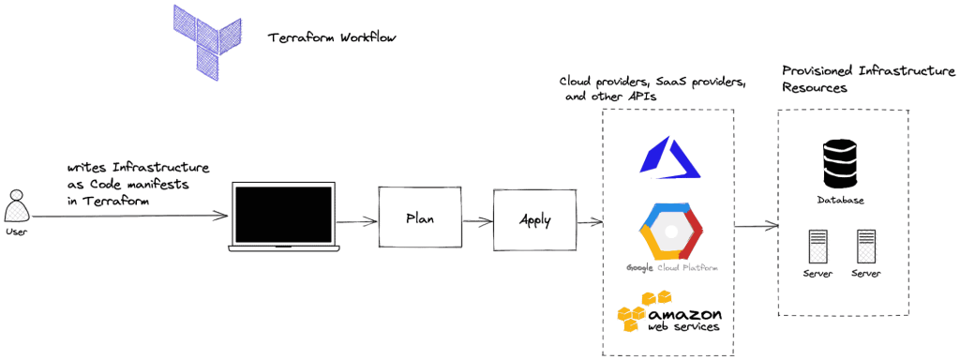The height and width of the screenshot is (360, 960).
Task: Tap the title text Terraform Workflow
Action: pos(332,38)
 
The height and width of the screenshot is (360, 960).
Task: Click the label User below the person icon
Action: pos(16,230)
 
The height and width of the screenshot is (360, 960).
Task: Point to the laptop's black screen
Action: pos(283,216)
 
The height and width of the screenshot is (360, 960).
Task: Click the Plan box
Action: pos(419,217)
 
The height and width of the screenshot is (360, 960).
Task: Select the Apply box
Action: pos(534,221)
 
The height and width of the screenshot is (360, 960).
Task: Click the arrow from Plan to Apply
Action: pos(476,220)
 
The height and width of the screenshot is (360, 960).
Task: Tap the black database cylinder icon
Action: pos(839,165)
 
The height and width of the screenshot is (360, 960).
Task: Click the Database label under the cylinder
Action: pos(839,201)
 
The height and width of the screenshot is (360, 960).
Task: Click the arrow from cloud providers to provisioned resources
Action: pos(756,225)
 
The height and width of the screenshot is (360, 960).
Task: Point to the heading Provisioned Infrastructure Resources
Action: pos(868,80)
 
